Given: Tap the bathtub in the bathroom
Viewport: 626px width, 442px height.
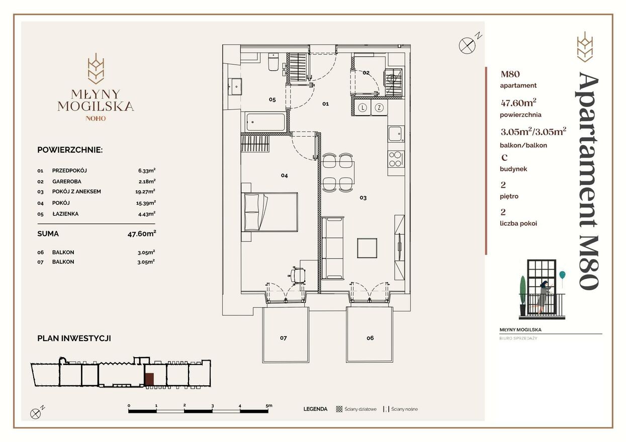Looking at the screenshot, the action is tap(265, 122).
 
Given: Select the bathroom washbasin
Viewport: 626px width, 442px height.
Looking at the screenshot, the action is tap(235, 86).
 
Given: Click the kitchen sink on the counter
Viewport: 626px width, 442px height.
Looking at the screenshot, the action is tap(396, 134).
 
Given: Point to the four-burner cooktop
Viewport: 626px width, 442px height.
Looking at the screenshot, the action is tap(396, 159).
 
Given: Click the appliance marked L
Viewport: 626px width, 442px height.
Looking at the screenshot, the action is tap(363, 107).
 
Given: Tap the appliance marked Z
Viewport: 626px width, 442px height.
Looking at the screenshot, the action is tap(379, 107).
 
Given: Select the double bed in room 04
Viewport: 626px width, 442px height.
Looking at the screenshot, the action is tap(270, 212).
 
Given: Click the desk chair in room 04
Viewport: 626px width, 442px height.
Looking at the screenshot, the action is tap(297, 275).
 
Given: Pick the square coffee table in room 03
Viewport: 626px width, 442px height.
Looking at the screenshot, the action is tap(367, 248).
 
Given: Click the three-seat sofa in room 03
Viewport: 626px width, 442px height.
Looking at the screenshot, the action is tap(332, 248).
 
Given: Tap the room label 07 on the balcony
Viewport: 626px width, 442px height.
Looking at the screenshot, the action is tap(283, 338).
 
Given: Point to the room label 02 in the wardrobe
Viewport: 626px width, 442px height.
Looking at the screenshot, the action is tap(366, 73).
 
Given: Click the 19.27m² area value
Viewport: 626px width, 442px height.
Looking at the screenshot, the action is tap(145, 192).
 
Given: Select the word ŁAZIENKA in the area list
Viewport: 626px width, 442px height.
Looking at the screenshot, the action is tap(65, 214).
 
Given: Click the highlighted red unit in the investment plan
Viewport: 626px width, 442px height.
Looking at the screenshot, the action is tap(149, 379).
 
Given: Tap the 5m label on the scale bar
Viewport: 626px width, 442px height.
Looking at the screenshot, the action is tap(269, 405).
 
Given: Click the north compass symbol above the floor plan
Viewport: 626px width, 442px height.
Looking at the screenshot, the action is tap(467, 46).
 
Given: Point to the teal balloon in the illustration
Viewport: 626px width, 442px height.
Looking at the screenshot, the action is tap(562, 275).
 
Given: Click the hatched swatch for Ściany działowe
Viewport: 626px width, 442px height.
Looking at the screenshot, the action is tap(339, 409).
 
